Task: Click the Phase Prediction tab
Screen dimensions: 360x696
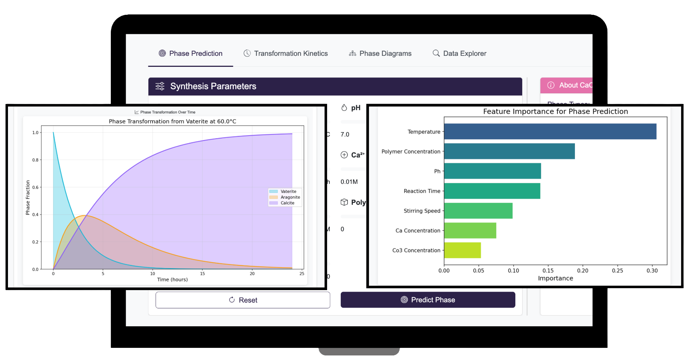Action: [x=191, y=54]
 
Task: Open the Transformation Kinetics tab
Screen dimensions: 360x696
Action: [x=286, y=54]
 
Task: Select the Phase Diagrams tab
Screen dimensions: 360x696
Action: [x=380, y=54]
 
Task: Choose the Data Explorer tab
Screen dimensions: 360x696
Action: [x=460, y=54]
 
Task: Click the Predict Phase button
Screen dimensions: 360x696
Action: [x=428, y=300]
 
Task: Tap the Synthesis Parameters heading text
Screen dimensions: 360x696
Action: [x=213, y=86]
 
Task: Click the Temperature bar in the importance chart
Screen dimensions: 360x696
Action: [x=550, y=131]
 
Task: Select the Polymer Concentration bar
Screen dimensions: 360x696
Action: [x=509, y=151]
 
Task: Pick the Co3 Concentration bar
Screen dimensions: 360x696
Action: [x=462, y=250]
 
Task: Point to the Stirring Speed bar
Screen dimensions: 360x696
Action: [x=478, y=211]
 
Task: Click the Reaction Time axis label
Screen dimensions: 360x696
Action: [x=422, y=191]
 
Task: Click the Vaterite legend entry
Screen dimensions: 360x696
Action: [x=288, y=191]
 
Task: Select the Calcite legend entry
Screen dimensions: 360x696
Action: [x=287, y=203]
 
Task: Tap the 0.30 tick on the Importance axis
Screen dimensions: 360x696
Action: [x=652, y=271]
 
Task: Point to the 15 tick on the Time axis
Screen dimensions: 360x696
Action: [x=202, y=273]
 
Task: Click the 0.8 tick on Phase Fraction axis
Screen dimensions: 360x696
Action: [x=35, y=160]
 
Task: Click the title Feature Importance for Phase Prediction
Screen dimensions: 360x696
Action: [x=555, y=111]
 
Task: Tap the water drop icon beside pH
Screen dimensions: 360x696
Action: [x=344, y=108]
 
